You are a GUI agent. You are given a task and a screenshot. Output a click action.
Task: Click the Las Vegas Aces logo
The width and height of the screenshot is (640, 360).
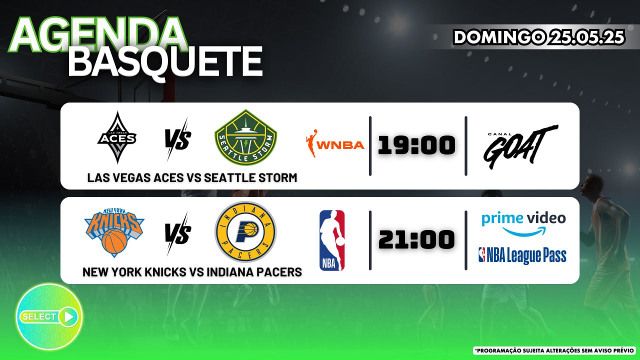pos(117,137)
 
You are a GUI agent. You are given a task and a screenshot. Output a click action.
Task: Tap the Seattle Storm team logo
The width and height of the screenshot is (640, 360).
pos(245,137)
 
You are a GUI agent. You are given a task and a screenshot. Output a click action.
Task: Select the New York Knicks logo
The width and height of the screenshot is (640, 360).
pos(114,232)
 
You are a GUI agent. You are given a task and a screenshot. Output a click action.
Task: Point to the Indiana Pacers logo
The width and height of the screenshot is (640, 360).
pos(245,231)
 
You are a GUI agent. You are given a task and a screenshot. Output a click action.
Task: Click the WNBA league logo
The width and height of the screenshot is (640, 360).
pos(335,143)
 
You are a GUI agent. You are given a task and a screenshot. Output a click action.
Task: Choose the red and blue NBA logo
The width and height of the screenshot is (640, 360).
pos(332,240)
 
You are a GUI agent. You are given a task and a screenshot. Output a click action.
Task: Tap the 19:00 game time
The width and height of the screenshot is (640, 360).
pos(416,145)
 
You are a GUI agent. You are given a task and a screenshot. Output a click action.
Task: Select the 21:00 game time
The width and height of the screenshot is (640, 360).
pos(416,239)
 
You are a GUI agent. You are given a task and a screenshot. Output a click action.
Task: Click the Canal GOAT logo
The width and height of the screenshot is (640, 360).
pos(520,146)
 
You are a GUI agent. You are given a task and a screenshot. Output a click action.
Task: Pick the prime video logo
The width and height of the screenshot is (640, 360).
pos(523,224)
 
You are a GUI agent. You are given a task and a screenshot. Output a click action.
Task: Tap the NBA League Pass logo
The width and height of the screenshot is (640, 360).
pos(522,255)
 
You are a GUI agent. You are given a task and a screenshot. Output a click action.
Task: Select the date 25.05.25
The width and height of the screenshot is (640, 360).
pos(587,37)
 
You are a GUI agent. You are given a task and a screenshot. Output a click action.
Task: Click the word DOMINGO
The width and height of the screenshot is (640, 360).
pos(499,37)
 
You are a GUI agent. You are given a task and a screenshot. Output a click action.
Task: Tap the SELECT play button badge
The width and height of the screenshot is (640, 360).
pos(49,316)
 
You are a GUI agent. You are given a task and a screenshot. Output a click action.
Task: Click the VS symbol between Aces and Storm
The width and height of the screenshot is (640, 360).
pos(177,139)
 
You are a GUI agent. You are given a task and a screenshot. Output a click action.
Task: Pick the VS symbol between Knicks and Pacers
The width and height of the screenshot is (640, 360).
pos(177,233)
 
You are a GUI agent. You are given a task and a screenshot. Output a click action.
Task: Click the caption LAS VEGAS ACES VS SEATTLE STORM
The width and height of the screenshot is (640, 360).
pos(192,177)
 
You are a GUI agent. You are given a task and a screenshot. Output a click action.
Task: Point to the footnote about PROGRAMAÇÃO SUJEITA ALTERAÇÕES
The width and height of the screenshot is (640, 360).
pos(555,350)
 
